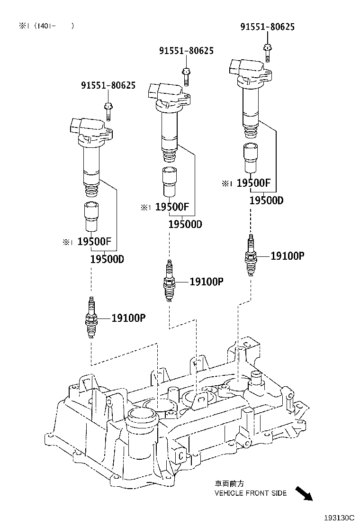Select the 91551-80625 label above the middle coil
pyautogui.click(x=186, y=51)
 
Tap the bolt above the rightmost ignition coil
pyautogui.click(x=267, y=51)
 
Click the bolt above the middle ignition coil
pyautogui.click(x=186, y=75)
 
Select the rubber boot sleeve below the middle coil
pyautogui.click(x=169, y=182)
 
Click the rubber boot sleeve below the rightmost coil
pyautogui.click(x=250, y=159)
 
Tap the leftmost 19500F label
pyautogui.click(x=94, y=242)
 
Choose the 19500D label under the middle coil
pyautogui.click(x=185, y=224)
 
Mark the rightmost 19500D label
pyautogui.click(x=266, y=200)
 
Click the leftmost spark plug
pyautogui.click(x=91, y=317)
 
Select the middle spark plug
pyautogui.click(x=169, y=281)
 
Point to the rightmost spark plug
pyautogui.click(x=250, y=255)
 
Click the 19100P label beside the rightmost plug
pyautogui.click(x=287, y=256)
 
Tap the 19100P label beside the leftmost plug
pyautogui.click(x=128, y=318)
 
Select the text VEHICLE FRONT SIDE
pyautogui.click(x=251, y=493)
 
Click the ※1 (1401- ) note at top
pyautogui.click(x=46, y=26)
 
